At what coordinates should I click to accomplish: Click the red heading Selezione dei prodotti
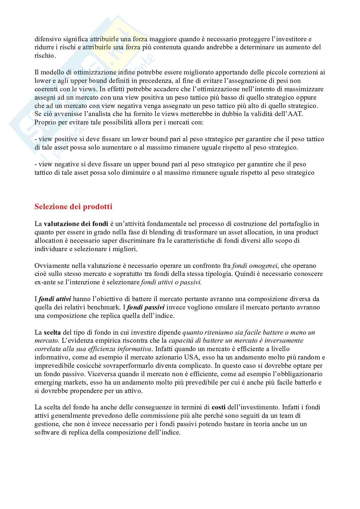tap(73, 207)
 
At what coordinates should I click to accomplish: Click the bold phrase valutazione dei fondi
tap(76, 224)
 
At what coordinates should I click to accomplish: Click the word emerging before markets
tap(48, 383)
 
